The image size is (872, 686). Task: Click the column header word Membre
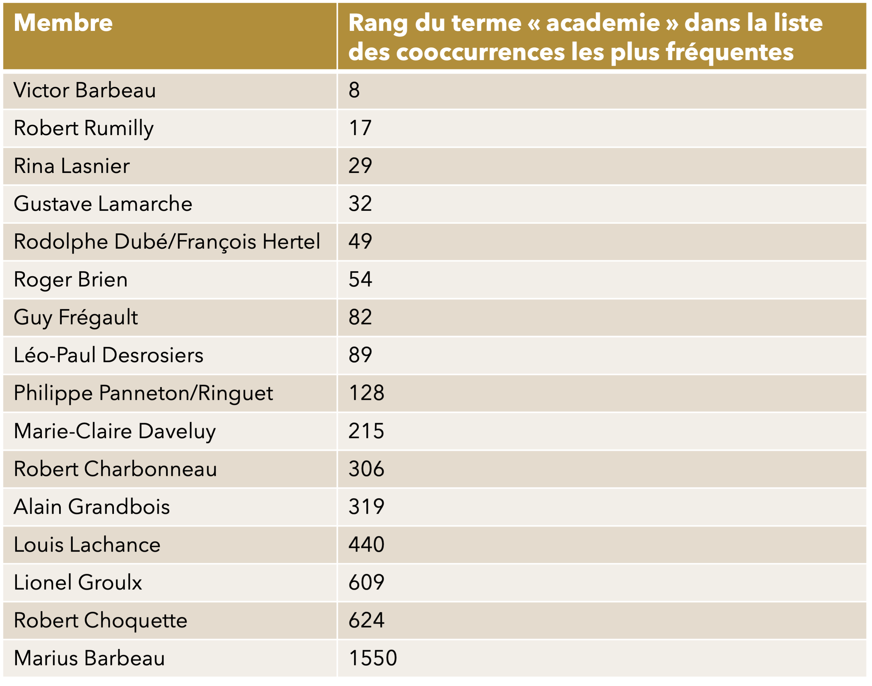(x=63, y=23)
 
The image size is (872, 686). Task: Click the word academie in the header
(x=603, y=23)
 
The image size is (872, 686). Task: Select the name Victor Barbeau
(x=84, y=90)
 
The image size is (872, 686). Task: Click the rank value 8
(x=354, y=90)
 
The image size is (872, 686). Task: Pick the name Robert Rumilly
(x=84, y=128)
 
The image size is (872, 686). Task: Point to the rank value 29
(x=360, y=166)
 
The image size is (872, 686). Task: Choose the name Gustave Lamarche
(x=103, y=204)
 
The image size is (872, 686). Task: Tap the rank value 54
(x=360, y=279)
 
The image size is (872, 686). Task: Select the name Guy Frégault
(x=76, y=317)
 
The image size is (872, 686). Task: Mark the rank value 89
(x=360, y=355)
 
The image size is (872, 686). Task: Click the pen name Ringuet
(x=235, y=393)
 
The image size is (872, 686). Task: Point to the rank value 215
(x=366, y=431)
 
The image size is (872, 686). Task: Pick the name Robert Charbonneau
(x=115, y=469)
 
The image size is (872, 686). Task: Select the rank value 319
(x=366, y=506)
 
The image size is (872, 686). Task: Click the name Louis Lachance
(x=87, y=545)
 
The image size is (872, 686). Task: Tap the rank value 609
(x=366, y=582)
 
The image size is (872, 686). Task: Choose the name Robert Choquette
(x=101, y=620)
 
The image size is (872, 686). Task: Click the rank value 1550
(x=373, y=658)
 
